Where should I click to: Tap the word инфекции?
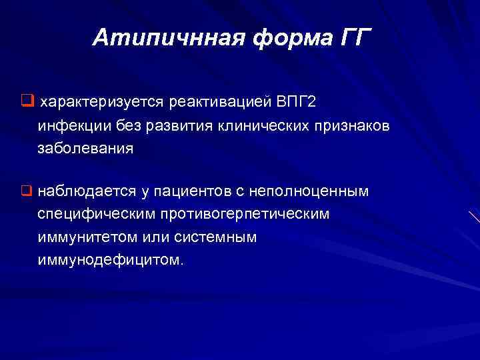(70, 126)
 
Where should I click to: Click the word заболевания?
(85, 149)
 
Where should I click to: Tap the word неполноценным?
(309, 192)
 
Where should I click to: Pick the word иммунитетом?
(85, 237)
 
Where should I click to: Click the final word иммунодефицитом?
(109, 260)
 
